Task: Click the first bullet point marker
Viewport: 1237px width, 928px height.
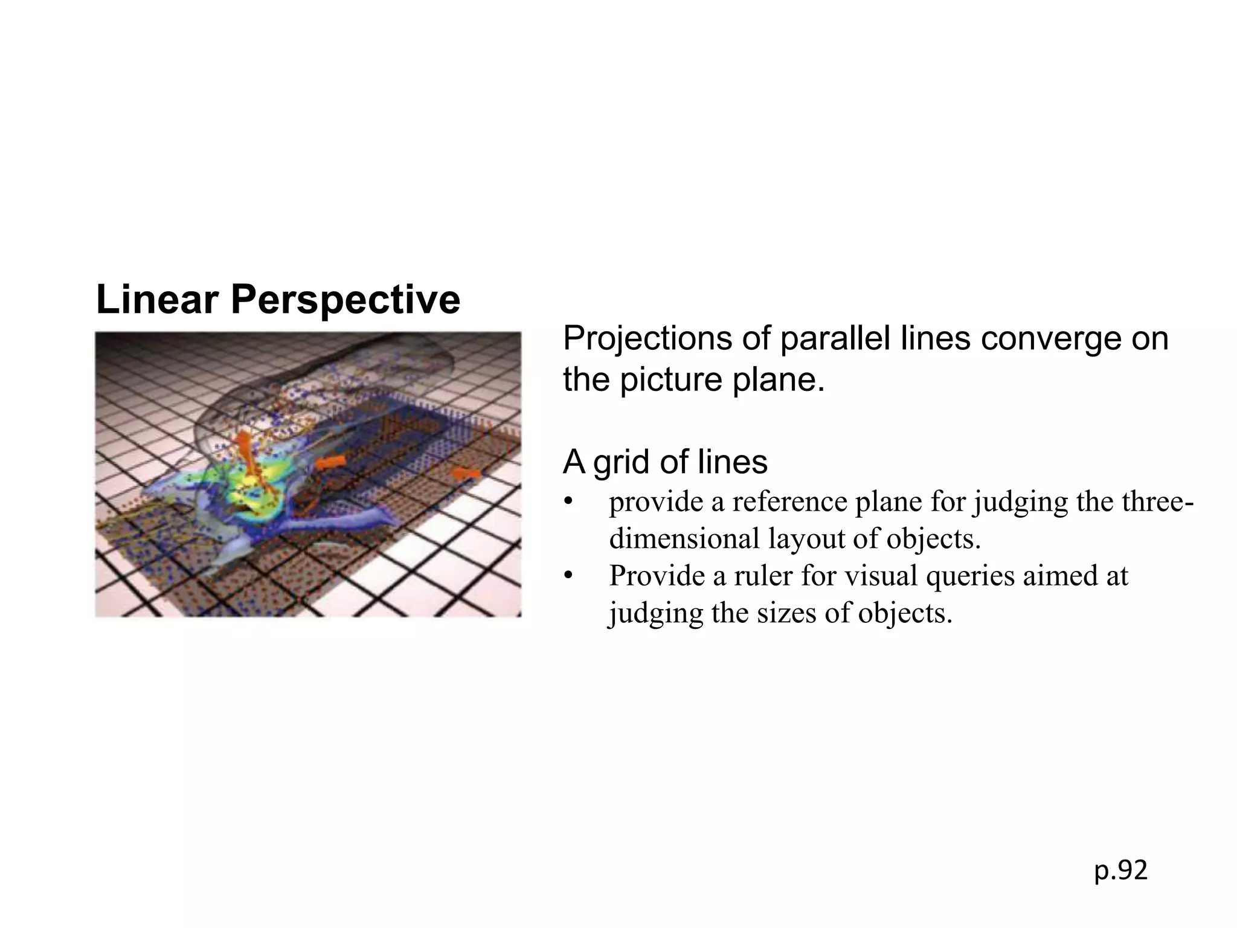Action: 567,503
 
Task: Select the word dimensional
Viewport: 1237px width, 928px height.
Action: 683,539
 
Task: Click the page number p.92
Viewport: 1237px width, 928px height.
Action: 1120,871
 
